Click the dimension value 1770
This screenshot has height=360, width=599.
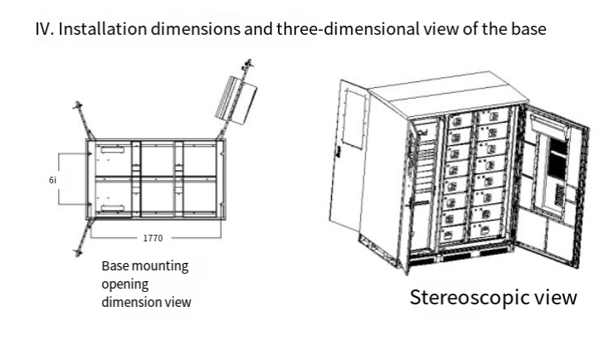(153, 238)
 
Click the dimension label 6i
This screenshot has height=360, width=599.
(53, 179)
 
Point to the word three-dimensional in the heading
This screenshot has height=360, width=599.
(338, 29)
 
